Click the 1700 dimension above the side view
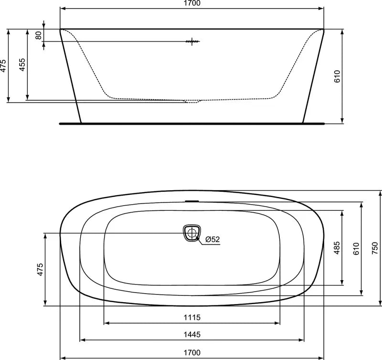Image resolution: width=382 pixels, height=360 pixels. click(x=191, y=3)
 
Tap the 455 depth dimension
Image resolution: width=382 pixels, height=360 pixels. click(x=22, y=65)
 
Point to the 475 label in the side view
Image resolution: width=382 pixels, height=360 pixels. click(x=3, y=65)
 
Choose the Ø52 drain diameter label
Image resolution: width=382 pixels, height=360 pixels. click(x=212, y=239)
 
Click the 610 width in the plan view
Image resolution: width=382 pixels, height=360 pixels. click(x=356, y=248)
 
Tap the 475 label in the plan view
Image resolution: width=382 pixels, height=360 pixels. click(x=40, y=269)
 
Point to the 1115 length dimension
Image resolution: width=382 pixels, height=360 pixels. click(x=191, y=317)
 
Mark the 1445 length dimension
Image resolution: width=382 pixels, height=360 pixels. click(x=191, y=334)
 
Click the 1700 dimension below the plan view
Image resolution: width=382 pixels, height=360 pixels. click(x=191, y=352)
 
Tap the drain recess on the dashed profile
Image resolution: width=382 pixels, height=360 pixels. click(x=193, y=101)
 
